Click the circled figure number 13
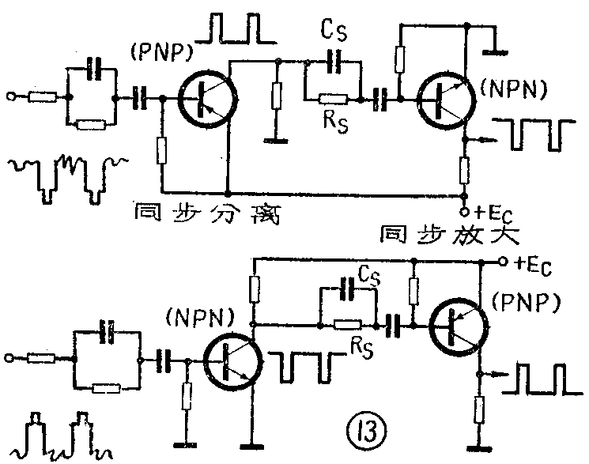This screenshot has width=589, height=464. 364,432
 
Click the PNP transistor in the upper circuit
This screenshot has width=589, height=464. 208,98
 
